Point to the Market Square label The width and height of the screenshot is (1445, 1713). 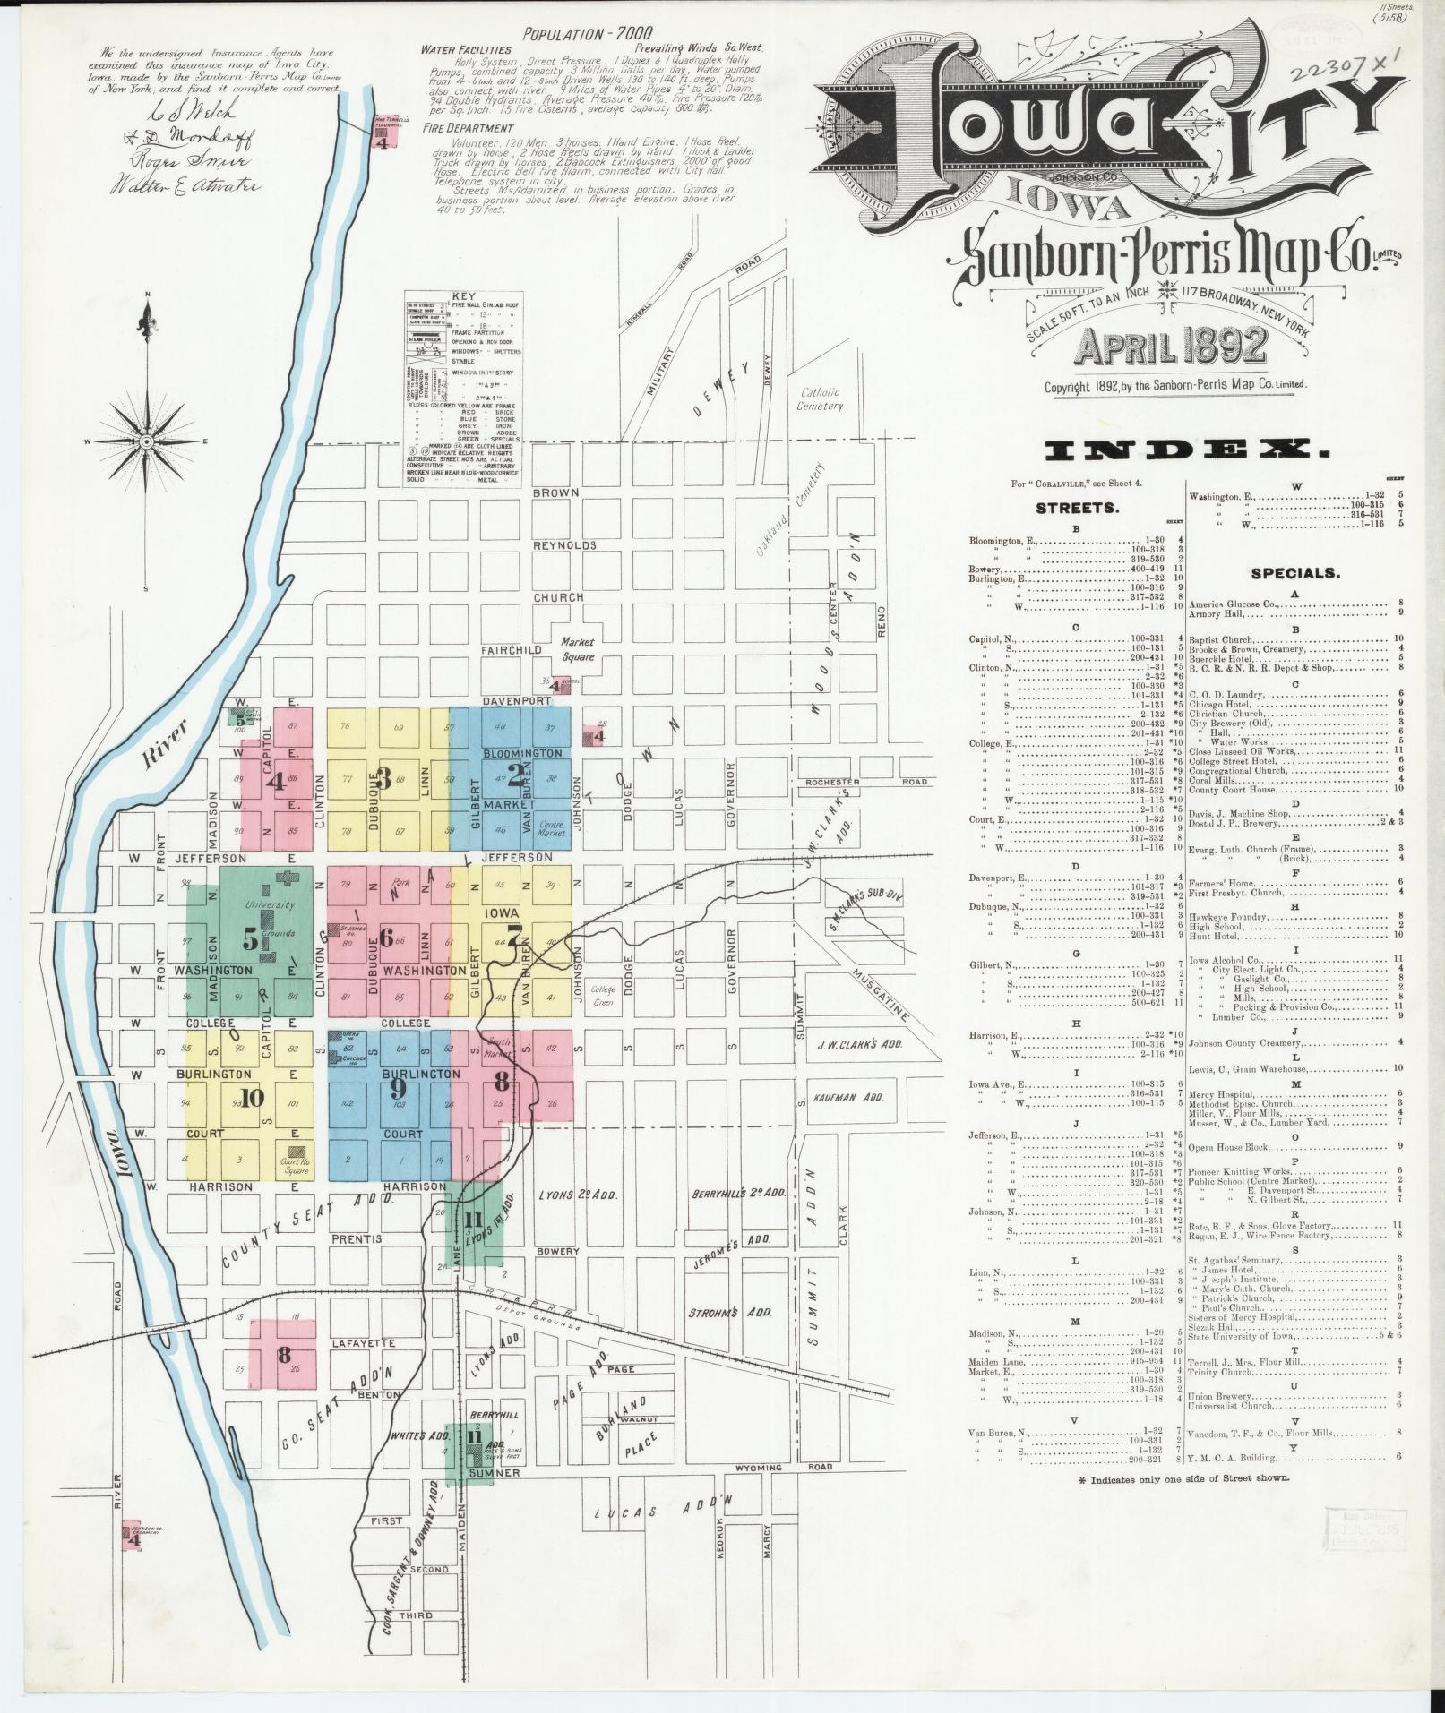tap(577, 648)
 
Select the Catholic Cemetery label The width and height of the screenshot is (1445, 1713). tap(820, 398)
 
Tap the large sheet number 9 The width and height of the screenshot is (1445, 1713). tap(398, 1088)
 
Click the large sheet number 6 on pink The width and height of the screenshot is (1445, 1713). tap(387, 938)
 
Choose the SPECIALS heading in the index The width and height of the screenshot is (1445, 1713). tap(1295, 573)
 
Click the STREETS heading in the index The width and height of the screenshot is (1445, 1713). tap(1077, 508)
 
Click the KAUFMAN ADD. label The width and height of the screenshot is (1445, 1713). tap(847, 1096)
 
